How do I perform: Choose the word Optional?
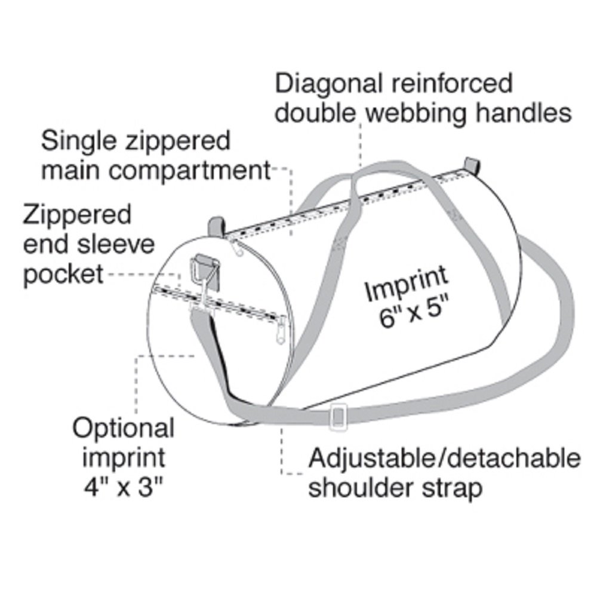124,428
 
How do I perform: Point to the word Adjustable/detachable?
444,459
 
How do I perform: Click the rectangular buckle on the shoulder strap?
338,416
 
